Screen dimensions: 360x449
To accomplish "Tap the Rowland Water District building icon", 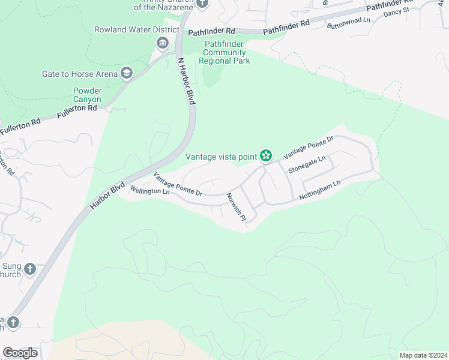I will [162, 43].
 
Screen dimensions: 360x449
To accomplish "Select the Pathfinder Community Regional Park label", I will [227, 52].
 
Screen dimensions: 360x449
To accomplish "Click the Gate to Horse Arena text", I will [80, 74].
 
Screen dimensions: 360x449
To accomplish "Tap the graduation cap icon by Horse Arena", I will [127, 74].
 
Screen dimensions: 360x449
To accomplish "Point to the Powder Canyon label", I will [88, 95].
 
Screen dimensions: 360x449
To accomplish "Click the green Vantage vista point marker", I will [265, 157].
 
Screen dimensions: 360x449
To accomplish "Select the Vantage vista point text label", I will [221, 157].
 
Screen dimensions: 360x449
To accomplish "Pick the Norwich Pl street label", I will [237, 207].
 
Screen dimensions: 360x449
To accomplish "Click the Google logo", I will [20, 353].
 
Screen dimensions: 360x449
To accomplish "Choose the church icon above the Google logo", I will [13, 323].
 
